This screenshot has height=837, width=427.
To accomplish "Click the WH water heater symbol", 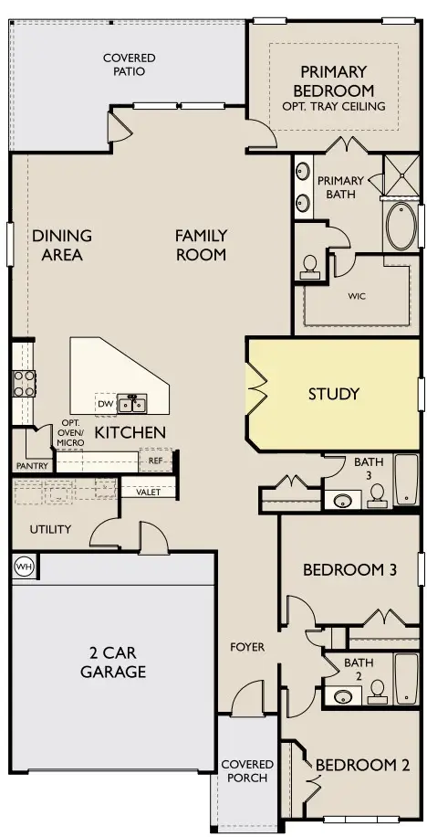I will pos(24,567).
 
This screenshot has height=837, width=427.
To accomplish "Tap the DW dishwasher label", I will pos(106,402).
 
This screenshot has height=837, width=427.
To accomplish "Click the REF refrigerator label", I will pos(155,461).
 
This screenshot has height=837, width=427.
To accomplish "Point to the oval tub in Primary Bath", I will pos(401,228).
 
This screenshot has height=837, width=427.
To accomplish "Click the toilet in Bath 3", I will pos(377,496).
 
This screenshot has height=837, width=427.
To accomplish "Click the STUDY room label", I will pos(333,395).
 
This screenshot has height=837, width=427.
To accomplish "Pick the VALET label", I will pos(149,492).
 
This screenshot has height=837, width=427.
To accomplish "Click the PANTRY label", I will pos(32,466).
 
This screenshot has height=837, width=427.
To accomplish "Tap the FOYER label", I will pos(247,647).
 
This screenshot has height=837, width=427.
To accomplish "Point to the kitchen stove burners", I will pos(23,383).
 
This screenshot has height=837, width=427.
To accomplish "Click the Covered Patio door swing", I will pos(120,130).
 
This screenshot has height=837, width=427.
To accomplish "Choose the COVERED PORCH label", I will pos(247,770).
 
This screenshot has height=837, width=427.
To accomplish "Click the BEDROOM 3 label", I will pos(349,570).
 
